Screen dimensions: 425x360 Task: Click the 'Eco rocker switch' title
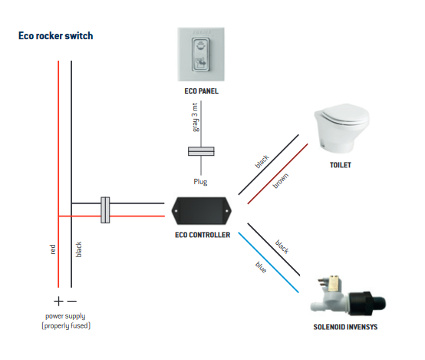(x=55, y=36)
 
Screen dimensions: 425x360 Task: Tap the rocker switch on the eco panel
(x=201, y=54)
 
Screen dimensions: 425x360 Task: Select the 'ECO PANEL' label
(x=201, y=91)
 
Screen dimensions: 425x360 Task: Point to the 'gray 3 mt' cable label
(x=195, y=117)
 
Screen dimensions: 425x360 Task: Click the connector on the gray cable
(x=201, y=151)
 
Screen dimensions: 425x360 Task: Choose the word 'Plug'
(x=200, y=181)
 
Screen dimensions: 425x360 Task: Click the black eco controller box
(x=202, y=211)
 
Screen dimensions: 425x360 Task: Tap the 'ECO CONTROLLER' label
(x=203, y=235)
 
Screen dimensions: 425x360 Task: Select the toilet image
(x=341, y=127)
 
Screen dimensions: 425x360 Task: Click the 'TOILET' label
(x=340, y=165)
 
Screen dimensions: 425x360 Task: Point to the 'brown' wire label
(x=281, y=181)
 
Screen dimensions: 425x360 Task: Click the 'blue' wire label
(x=261, y=267)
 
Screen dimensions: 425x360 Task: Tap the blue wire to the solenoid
(x=269, y=263)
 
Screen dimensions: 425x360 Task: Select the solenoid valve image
(x=348, y=296)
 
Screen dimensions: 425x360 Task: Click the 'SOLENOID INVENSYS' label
(x=345, y=327)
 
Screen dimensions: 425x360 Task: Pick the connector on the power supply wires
(x=105, y=210)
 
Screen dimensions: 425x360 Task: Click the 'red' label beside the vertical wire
(x=53, y=249)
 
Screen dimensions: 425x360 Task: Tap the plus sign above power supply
(x=58, y=301)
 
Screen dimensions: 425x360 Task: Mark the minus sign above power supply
(x=72, y=301)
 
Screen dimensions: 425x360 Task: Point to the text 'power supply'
(x=65, y=316)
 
